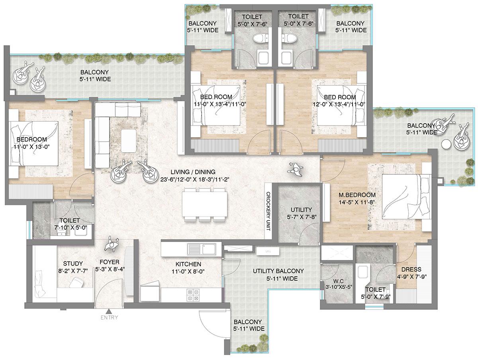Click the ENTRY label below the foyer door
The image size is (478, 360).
pyautogui.click(x=109, y=318)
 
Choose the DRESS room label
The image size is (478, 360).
pyautogui.click(x=411, y=270)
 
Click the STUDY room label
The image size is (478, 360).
pyautogui.click(x=73, y=264)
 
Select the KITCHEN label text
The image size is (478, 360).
pyautogui.click(x=188, y=264)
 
